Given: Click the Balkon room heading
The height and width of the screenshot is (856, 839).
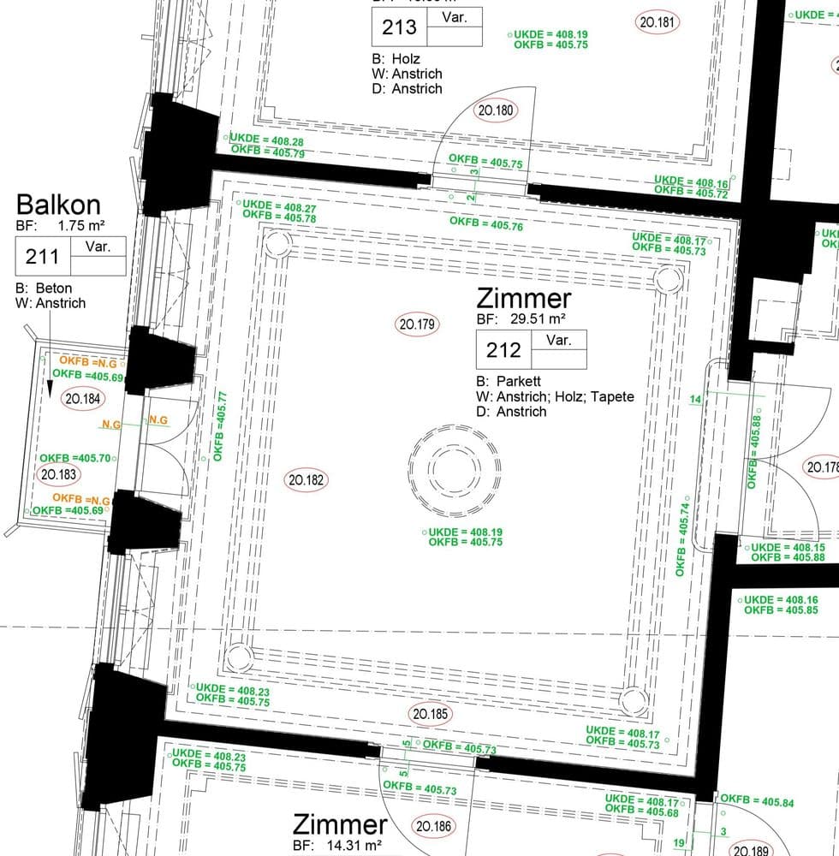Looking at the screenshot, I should click(58, 205).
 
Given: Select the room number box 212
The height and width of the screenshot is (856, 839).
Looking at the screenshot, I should click(503, 350).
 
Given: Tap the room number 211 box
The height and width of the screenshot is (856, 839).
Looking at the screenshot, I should click(42, 256).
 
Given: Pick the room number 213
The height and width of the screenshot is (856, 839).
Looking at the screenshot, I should click(399, 27).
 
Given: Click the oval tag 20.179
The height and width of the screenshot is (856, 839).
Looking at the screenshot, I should click(418, 324).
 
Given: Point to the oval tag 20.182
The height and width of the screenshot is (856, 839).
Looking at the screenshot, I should click(306, 480).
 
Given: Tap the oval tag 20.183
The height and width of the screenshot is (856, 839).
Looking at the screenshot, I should click(58, 474).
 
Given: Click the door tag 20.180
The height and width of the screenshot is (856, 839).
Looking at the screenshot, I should click(495, 110).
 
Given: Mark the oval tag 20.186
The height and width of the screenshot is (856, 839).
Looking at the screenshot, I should click(434, 827).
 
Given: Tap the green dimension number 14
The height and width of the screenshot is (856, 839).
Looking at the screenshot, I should click(694, 399).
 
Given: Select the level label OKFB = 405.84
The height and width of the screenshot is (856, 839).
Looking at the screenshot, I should click(757, 802).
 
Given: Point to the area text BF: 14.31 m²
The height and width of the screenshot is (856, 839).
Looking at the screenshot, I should click(337, 846).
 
